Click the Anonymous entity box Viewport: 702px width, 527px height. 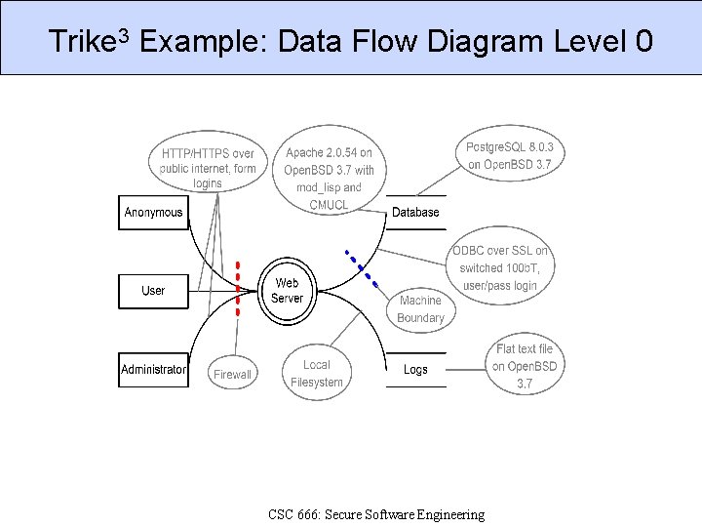[153, 213]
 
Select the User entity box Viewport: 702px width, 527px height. [153, 291]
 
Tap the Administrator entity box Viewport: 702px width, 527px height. [153, 370]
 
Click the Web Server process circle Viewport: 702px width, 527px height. [287, 291]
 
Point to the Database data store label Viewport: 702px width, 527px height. [415, 213]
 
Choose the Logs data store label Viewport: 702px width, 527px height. [415, 370]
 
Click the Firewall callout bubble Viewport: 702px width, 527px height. [232, 374]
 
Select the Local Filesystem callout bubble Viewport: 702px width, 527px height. [317, 373]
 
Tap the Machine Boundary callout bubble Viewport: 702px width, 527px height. [420, 309]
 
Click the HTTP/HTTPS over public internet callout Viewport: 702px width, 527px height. [208, 168]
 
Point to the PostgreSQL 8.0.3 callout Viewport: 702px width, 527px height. [509, 155]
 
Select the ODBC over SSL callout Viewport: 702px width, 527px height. [499, 268]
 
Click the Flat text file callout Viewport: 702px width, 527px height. [525, 366]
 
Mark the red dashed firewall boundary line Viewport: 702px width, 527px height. [237, 289]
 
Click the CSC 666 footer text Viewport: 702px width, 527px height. [375, 514]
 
